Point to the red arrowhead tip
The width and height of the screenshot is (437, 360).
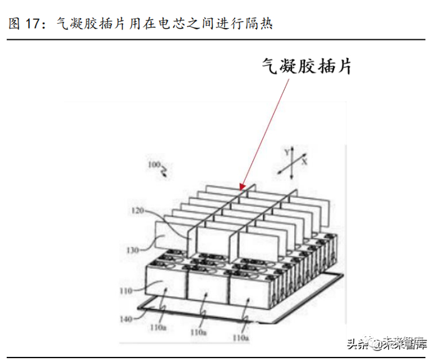[x=241, y=188]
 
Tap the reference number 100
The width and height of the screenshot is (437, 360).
[x=152, y=165]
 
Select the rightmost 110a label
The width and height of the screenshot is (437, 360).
[x=240, y=337]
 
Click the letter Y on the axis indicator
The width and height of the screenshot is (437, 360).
[x=286, y=152]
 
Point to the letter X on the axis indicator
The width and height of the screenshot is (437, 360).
[x=305, y=161]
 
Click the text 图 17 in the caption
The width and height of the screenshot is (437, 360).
[x=22, y=24]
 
